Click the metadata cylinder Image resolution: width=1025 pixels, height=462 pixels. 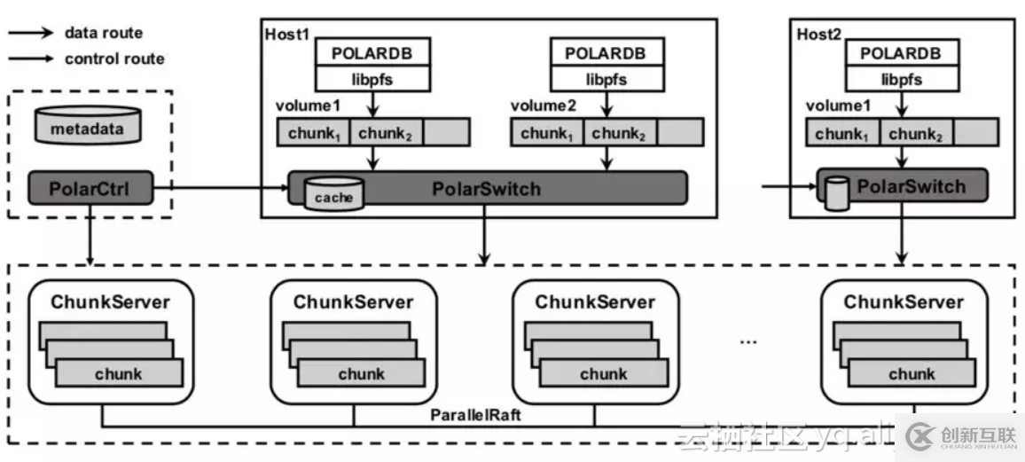[88, 129]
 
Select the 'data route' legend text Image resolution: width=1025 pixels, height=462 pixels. [103, 33]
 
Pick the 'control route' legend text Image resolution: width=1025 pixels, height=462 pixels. [114, 59]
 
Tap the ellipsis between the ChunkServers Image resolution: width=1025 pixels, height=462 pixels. [747, 341]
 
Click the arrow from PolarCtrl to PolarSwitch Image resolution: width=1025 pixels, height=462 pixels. [222, 187]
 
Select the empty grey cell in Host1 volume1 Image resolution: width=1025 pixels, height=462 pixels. [446, 133]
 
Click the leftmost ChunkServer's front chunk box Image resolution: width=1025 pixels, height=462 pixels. [119, 373]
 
